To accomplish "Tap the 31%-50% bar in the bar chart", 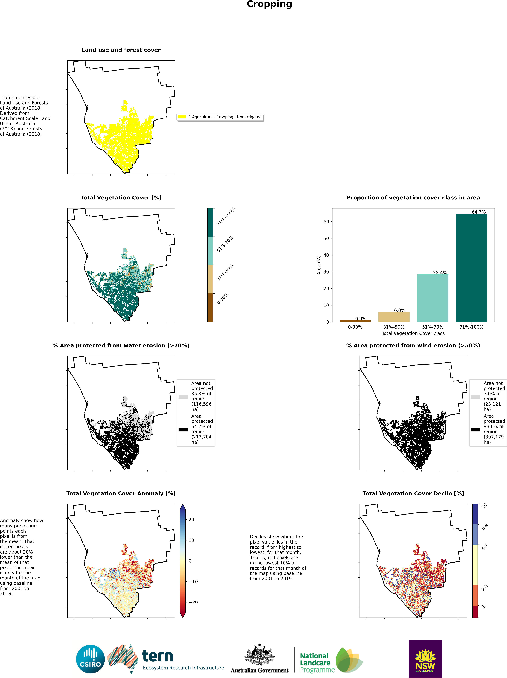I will point(394,317).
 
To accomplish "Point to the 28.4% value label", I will point(440,272).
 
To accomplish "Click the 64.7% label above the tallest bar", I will point(478,212).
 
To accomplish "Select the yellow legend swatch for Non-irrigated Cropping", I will point(182,117).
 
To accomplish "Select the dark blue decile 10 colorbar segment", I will point(475,514).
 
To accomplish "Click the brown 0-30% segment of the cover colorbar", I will point(210,307).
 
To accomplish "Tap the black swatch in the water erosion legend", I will point(183,429).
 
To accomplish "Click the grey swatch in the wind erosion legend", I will point(475,397).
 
